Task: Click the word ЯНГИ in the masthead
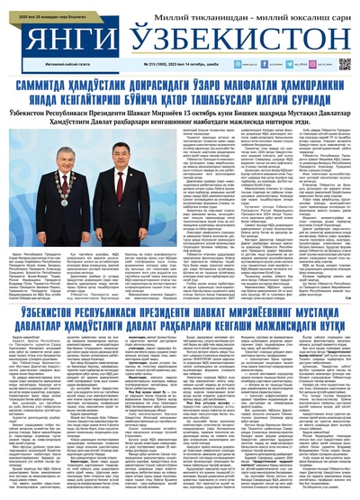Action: (x=58, y=41)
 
